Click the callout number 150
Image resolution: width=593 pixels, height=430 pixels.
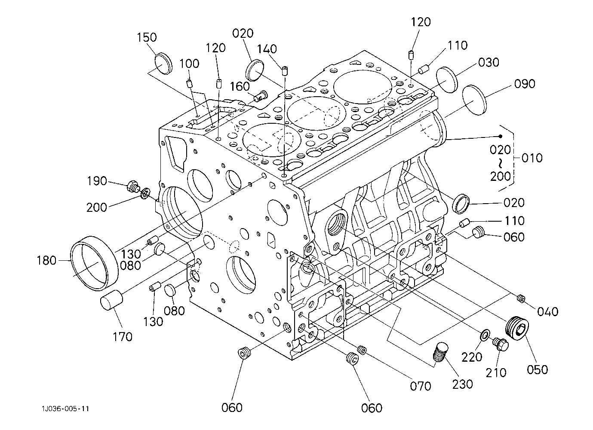[x=147, y=37]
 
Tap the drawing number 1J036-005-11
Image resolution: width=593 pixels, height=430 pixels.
[x=65, y=409]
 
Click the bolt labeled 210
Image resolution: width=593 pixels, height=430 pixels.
[x=501, y=345]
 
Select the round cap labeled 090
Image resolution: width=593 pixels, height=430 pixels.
[x=475, y=100]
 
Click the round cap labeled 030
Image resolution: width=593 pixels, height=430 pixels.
[x=447, y=80]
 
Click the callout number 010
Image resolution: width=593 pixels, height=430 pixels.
[x=532, y=158]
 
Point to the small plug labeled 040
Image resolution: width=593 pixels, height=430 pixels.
[x=521, y=299]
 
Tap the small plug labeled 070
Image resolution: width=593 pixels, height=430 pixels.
[x=362, y=350]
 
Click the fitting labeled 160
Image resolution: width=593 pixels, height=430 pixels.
[x=261, y=95]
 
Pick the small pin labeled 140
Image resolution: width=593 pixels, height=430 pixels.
[x=285, y=71]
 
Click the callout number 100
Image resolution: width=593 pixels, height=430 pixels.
[x=189, y=64]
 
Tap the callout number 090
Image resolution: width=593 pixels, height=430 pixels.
[x=525, y=84]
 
